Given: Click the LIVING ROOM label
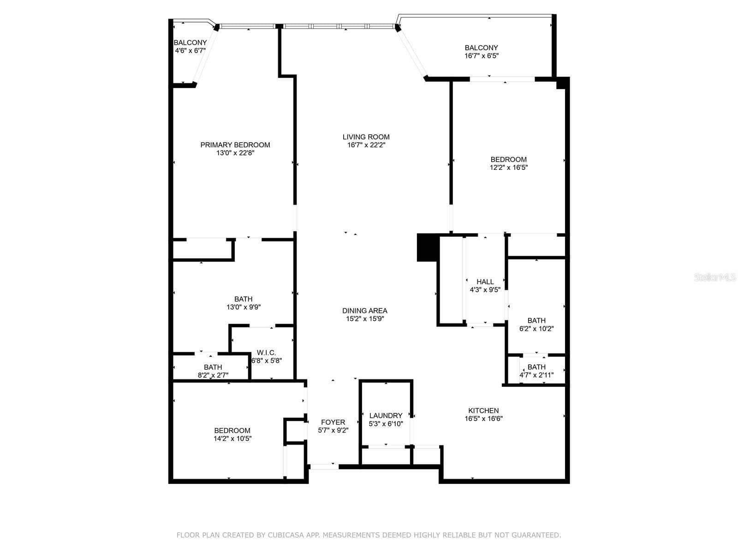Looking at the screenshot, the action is point(366,137).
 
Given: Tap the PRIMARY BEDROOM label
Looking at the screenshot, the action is point(235,145).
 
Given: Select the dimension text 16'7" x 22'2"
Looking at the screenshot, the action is point(366,145).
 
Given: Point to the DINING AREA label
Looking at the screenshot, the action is point(365,310).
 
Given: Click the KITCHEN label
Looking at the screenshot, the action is point(483,410).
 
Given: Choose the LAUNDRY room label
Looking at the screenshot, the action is point(386,415).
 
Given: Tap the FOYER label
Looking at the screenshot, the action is point(333,422).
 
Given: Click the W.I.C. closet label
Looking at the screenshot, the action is point(266,353).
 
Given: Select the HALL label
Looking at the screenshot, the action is point(485,282).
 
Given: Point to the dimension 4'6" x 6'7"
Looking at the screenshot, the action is point(190,51).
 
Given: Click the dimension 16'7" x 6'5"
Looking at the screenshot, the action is point(482,56).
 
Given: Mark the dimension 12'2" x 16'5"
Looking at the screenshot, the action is point(508,168).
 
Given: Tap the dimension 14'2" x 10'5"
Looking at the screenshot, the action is point(232,439).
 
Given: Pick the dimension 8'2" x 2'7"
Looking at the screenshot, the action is point(213,375).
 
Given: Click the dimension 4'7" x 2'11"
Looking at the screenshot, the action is point(536,375).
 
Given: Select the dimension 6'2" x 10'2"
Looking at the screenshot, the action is point(536,329).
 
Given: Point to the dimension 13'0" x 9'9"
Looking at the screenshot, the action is point(244,307).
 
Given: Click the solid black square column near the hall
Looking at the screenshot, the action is point(428,247).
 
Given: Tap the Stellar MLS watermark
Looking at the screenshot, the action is point(714,277).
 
